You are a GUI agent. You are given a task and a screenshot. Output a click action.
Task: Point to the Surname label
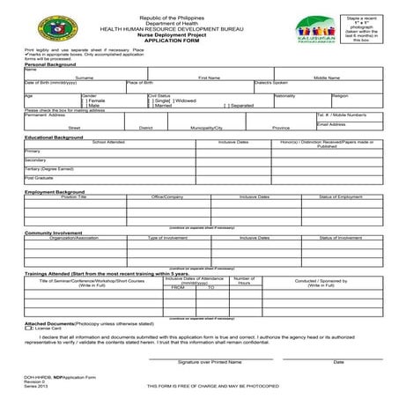pyautogui.click(x=85, y=78)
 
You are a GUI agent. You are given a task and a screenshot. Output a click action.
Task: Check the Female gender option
pyautogui.click(x=85, y=100)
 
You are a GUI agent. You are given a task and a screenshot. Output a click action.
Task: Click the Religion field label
pyautogui.click(x=339, y=95)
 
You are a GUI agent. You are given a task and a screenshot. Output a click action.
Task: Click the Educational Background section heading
pyautogui.click(x=54, y=137)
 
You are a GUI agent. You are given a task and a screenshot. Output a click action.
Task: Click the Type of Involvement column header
pyautogui.click(x=167, y=238)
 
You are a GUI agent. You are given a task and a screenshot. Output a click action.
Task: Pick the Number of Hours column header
pyautogui.click(x=244, y=281)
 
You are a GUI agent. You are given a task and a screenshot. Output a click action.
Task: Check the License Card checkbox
pyautogui.click(x=29, y=328)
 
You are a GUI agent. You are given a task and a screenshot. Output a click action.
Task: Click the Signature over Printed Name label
pyautogui.click(x=210, y=362)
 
